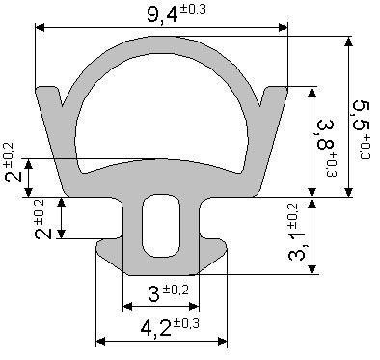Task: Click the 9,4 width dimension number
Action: click(162, 15)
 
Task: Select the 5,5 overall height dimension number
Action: click(361, 116)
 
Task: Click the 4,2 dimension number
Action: click(155, 328)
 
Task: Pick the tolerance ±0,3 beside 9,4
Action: click(192, 10)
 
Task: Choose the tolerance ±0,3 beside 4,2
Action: click(186, 323)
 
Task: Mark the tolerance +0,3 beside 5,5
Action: click(366, 148)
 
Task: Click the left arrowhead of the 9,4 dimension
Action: click(40, 27)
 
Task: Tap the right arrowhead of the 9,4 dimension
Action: click(284, 27)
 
